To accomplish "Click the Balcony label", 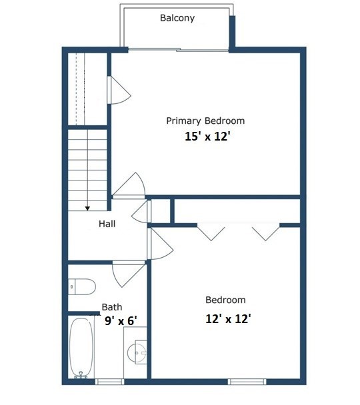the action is (177, 18).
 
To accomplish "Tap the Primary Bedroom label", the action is (205, 121).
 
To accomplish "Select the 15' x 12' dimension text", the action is (207, 136).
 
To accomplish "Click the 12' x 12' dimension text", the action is (228, 318).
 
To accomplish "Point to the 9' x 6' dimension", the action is (121, 321).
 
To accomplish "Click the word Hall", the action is (107, 224).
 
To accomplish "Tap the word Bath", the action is (112, 307).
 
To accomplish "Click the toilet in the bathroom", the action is (81, 286).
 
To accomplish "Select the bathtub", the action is (81, 348).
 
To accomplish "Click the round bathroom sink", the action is (137, 352).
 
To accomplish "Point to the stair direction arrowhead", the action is (87, 208).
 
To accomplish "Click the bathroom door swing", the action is (128, 274).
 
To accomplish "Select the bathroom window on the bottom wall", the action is (109, 382).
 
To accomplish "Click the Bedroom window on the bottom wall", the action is (247, 382).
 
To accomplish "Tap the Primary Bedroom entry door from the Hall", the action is (129, 185).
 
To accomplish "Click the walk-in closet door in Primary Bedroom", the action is (119, 90).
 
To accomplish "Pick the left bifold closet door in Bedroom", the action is (211, 232).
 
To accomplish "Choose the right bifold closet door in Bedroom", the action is (266, 232).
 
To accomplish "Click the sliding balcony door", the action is (178, 49).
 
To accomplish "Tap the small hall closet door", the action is (141, 212).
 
